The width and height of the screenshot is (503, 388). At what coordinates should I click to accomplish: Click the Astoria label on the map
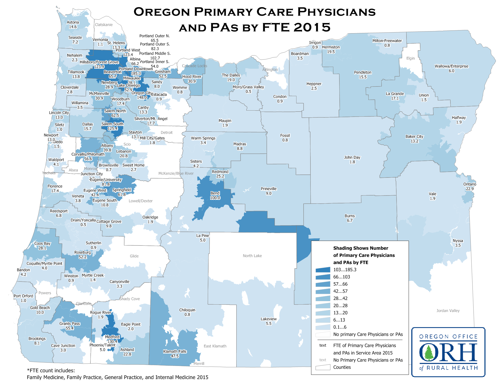coord(73,22)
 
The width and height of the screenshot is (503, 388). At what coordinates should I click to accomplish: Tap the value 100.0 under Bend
coord(215,198)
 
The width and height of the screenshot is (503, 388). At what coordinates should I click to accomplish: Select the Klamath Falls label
coord(175,351)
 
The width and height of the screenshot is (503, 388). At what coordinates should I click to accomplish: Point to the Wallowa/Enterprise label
coord(451,66)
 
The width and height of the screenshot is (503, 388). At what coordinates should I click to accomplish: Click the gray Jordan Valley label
coord(448,311)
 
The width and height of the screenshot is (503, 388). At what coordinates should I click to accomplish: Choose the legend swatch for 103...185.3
coord(323,270)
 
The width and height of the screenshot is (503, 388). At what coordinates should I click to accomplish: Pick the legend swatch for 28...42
coord(323,298)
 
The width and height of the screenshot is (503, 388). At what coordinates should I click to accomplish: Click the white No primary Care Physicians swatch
coord(323,334)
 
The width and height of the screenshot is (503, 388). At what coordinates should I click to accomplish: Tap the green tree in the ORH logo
coord(429,352)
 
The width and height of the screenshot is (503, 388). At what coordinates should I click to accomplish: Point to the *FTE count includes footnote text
coord(51,371)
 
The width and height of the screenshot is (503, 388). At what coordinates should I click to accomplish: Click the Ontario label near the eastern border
coord(470,184)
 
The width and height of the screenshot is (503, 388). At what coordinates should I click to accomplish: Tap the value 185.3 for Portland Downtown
coord(136,74)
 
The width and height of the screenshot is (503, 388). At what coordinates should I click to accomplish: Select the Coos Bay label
coord(42,243)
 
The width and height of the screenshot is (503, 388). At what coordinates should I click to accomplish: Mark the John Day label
coord(352,157)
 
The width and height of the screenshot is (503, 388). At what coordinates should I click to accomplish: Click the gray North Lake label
coord(252,256)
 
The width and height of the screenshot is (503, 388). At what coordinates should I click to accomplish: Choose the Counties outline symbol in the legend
coord(323,367)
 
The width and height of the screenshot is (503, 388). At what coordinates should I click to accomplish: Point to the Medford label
coord(112,337)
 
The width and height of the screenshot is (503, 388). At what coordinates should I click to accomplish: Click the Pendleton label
coord(363,72)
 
